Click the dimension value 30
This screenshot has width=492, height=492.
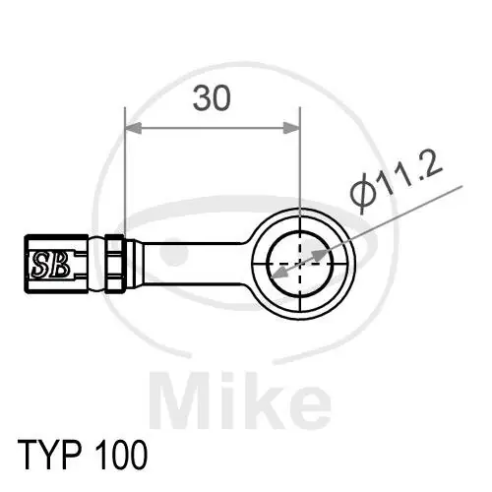click(x=213, y=98)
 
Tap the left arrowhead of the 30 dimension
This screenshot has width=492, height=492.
click(x=133, y=128)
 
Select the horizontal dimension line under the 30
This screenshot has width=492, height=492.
click(x=212, y=128)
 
